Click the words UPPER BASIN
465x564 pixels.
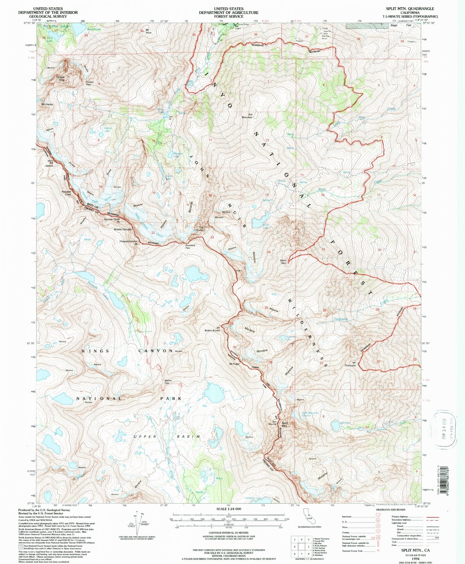(167, 437)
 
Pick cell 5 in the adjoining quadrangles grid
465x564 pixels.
(308, 546)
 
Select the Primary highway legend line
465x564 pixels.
(432, 517)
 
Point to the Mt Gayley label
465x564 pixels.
(47, 104)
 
